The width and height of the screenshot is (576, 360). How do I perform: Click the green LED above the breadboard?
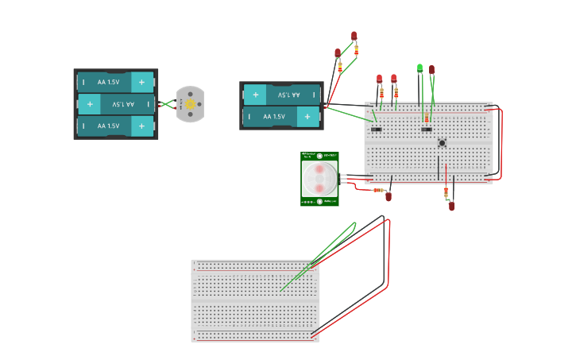tap(419, 68)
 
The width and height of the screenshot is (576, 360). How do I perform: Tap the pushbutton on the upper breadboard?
tap(442, 143)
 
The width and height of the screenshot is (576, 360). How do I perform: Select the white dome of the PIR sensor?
tap(319, 179)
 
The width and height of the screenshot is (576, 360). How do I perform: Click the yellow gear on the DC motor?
tap(190, 104)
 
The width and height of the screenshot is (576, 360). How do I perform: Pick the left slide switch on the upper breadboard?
tap(377, 129)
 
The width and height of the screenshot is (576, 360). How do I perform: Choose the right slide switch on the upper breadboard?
tap(427, 129)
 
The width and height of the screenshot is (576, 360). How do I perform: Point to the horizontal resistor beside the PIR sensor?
tap(378, 190)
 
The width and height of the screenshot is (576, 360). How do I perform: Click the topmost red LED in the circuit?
tap(354, 36)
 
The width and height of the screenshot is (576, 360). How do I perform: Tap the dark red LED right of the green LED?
tap(432, 70)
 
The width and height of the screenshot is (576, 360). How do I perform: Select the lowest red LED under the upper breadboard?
tap(451, 206)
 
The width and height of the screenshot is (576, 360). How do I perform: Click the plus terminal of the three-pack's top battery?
tap(142, 82)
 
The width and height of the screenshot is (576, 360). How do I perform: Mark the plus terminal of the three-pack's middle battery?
tap(89, 104)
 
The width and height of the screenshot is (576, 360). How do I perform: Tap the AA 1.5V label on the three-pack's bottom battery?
tap(109, 126)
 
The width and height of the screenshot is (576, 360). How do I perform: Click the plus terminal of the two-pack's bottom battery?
tap(307, 117)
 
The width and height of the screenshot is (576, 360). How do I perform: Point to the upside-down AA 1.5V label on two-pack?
tap(284, 95)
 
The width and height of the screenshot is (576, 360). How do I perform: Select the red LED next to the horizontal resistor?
tap(389, 196)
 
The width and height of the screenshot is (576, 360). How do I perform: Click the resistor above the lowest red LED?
tap(446, 191)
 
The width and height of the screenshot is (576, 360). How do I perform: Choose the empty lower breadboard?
tap(255, 300)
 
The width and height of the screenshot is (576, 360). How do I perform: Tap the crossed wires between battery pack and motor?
tap(166, 104)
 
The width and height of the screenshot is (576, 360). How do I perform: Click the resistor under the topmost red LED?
tap(356, 50)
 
